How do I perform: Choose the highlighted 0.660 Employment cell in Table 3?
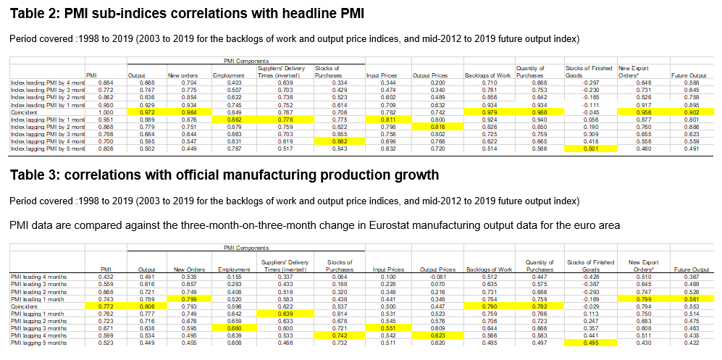pyautogui.click(x=232, y=327)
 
